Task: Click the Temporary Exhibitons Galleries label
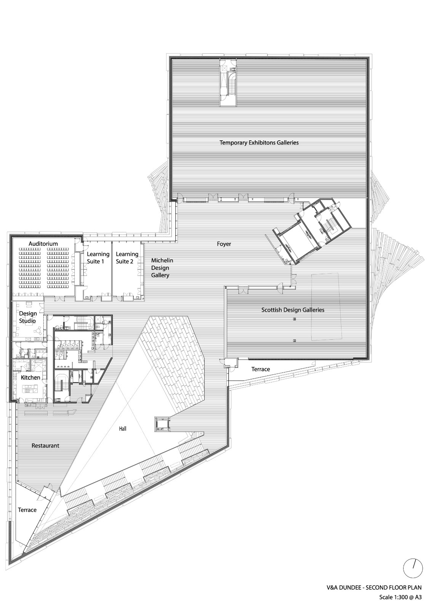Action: pyautogui.click(x=259, y=143)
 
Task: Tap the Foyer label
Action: pyautogui.click(x=224, y=244)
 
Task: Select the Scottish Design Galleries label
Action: pyautogui.click(x=293, y=310)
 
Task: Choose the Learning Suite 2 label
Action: pyautogui.click(x=127, y=258)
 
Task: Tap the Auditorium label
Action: pyautogui.click(x=43, y=244)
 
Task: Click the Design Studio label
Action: pyautogui.click(x=28, y=317)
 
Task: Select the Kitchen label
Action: pyautogui.click(x=30, y=377)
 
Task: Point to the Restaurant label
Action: pyautogui.click(x=45, y=445)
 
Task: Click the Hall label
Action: pyautogui.click(x=122, y=429)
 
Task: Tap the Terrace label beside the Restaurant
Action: pyautogui.click(x=27, y=510)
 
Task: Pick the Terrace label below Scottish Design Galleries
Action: pyautogui.click(x=261, y=369)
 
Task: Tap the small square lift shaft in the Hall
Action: pyautogui.click(x=162, y=424)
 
